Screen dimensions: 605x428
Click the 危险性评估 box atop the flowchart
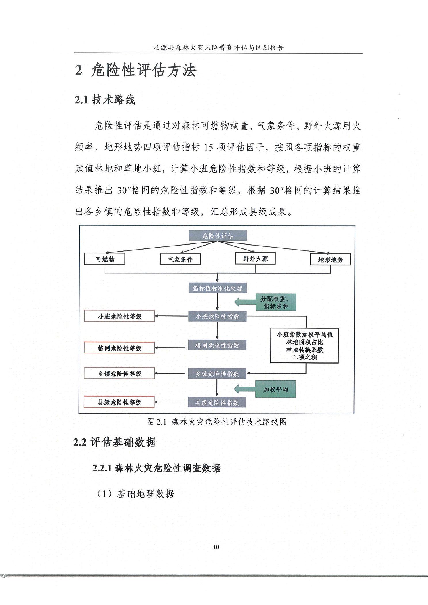218,236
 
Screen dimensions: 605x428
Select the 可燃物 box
105,259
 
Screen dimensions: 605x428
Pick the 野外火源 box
255,258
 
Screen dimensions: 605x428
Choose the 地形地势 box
330,260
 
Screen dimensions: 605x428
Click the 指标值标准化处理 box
217,288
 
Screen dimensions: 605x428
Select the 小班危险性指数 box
217,317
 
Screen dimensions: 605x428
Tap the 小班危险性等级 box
119,316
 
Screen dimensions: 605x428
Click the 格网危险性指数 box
217,345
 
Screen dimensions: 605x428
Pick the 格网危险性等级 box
119,348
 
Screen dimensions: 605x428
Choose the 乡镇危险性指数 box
217,374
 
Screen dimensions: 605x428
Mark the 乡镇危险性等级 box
119,374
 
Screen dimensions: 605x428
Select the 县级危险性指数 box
217,402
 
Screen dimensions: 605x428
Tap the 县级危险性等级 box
119,402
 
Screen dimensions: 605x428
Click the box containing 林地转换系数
304,346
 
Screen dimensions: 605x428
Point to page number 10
216,547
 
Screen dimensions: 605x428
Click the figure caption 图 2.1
217,422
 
